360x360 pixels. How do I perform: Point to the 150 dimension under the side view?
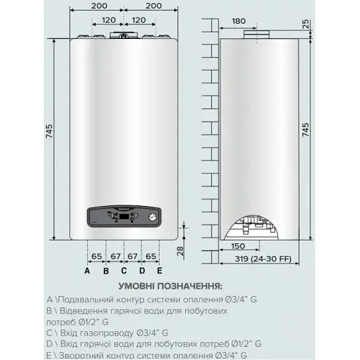tap(243, 246)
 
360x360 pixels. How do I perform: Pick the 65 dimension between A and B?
tap(96, 256)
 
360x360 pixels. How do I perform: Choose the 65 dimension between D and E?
tap(150, 256)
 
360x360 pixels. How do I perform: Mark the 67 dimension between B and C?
tap(114, 256)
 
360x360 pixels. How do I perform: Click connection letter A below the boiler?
tap(87, 271)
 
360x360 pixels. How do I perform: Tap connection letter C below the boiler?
tap(123, 271)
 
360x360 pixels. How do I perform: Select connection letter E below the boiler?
tap(159, 271)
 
